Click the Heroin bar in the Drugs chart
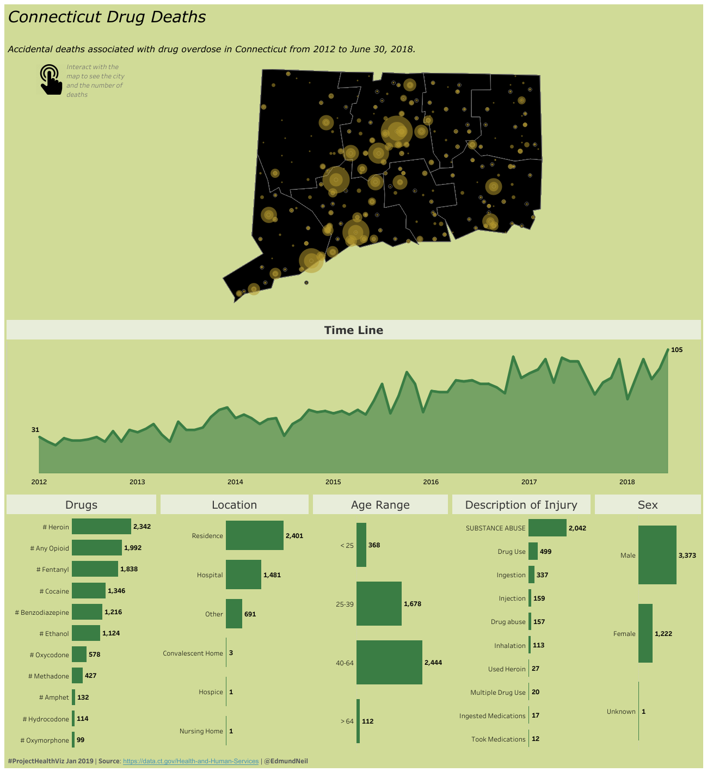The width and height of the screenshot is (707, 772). (101, 527)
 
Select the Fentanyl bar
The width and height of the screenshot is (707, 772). (95, 569)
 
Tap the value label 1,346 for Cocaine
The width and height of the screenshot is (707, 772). (116, 591)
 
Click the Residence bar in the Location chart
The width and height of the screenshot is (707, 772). (254, 535)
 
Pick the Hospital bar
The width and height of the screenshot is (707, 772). (243, 575)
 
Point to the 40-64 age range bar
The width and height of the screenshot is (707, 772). (389, 662)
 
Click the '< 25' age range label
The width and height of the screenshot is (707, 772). (347, 545)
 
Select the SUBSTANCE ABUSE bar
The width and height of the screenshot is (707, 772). (547, 528)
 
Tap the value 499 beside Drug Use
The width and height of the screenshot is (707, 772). (545, 552)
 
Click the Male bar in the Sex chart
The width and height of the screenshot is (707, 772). (657, 555)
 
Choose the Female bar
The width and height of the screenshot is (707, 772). (645, 633)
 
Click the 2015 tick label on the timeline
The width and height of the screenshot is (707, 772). (333, 482)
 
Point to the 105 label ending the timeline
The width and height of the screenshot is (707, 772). (677, 350)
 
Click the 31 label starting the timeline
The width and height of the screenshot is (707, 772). (35, 430)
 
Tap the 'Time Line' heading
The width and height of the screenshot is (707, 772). (354, 330)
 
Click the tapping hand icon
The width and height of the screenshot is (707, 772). (51, 80)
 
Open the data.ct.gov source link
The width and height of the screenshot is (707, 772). (190, 761)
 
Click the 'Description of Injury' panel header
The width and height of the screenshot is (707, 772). (521, 505)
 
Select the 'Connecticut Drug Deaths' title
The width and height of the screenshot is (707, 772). (107, 17)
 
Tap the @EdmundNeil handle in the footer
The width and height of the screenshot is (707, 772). (286, 761)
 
